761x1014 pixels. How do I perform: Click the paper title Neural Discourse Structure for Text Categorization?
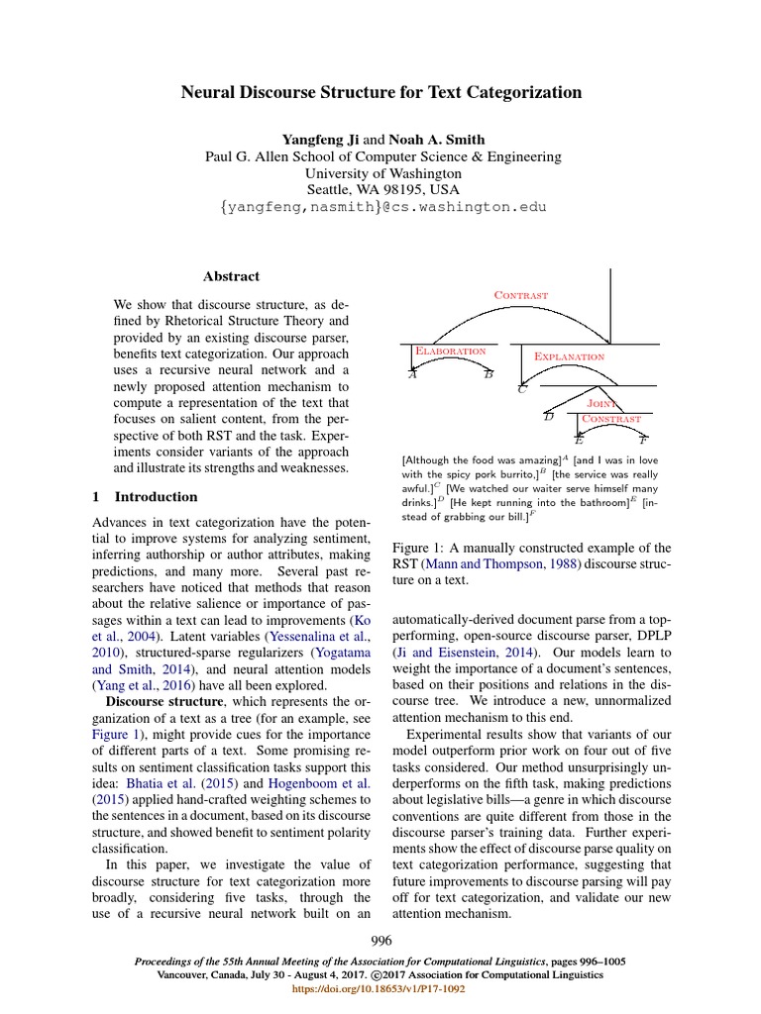point(380,93)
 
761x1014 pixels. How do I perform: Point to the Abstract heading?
point(231,276)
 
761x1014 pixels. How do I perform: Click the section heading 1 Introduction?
point(145,497)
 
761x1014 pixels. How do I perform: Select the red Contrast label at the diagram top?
point(520,294)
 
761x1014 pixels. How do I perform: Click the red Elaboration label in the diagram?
point(450,351)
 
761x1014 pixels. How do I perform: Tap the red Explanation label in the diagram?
point(569,355)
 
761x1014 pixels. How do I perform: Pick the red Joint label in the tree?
point(602,404)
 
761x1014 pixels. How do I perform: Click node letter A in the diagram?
point(412,375)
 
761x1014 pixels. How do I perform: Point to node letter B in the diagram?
point(488,375)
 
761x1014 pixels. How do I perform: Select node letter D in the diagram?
point(548,417)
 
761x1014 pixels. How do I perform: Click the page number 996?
point(381,940)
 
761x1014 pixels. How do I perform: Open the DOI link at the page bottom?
point(380,988)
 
